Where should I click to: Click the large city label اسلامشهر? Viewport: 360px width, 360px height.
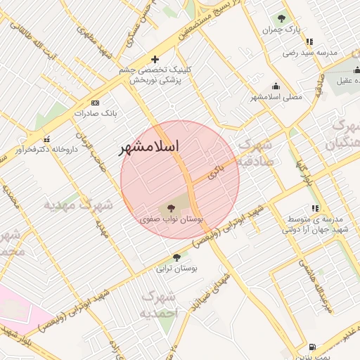149,147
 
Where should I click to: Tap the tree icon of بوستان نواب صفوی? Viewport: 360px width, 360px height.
169,208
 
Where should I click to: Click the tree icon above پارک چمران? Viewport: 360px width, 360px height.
282,19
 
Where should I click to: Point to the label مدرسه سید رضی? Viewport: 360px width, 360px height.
310,53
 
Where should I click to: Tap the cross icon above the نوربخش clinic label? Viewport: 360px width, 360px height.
155,59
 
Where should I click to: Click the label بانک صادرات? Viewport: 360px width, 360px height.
95,112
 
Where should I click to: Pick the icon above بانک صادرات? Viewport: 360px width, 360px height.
95,102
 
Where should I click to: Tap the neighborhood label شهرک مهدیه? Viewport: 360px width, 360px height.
78,205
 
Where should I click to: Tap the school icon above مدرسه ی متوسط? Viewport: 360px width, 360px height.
315,208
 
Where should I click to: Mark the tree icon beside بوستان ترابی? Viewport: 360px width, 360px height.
176,257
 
